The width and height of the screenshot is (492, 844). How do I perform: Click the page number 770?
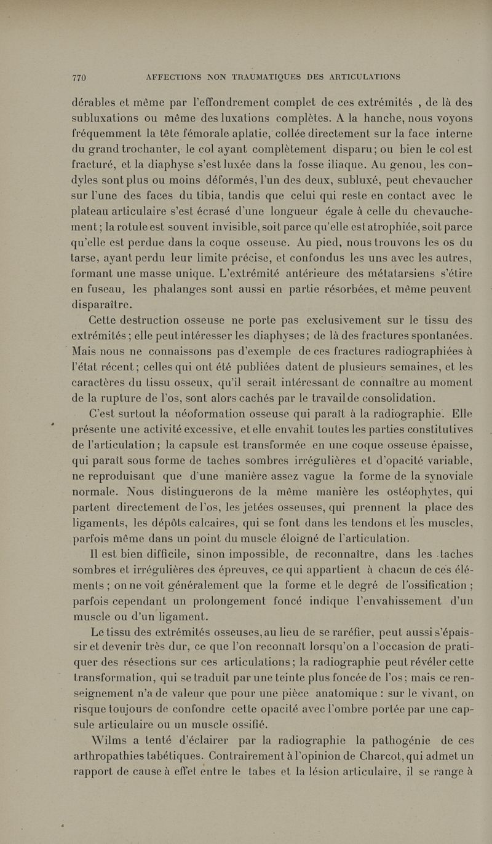[79, 77]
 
